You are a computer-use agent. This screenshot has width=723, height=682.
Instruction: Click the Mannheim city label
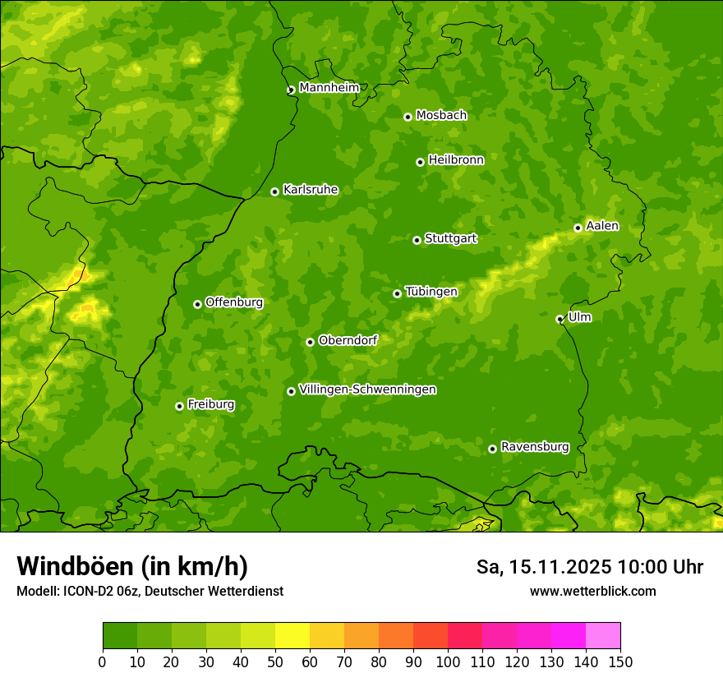tap(329, 88)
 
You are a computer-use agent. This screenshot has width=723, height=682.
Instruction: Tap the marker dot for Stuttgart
tap(417, 240)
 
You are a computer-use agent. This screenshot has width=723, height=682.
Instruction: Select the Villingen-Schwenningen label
tap(368, 389)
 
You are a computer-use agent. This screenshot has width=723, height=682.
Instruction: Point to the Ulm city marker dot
tap(560, 319)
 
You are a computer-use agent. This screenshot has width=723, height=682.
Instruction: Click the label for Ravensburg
tap(535, 447)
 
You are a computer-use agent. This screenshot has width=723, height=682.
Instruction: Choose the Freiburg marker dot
tap(179, 406)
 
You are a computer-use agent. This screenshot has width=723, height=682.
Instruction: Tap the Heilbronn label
tap(456, 160)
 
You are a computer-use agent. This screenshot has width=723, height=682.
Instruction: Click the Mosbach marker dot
tap(408, 117)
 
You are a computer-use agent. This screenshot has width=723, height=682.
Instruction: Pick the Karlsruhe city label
tap(311, 190)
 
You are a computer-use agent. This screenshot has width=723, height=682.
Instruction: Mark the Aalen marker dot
tap(578, 228)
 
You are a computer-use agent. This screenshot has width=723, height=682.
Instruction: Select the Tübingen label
tap(431, 292)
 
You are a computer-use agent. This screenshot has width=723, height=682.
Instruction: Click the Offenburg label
tap(234, 302)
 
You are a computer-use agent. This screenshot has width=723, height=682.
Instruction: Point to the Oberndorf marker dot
tap(310, 342)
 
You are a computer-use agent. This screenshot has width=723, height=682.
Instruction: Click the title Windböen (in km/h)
tap(132, 566)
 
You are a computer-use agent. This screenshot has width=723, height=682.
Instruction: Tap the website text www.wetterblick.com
tap(592, 591)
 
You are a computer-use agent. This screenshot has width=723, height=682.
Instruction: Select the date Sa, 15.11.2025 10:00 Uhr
tap(589, 567)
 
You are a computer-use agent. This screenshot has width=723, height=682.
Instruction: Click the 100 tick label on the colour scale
tap(448, 661)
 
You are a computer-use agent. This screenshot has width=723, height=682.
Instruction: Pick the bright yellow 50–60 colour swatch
tap(292, 636)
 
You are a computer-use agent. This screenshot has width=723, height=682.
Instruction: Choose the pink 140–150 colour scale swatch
tap(603, 636)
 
